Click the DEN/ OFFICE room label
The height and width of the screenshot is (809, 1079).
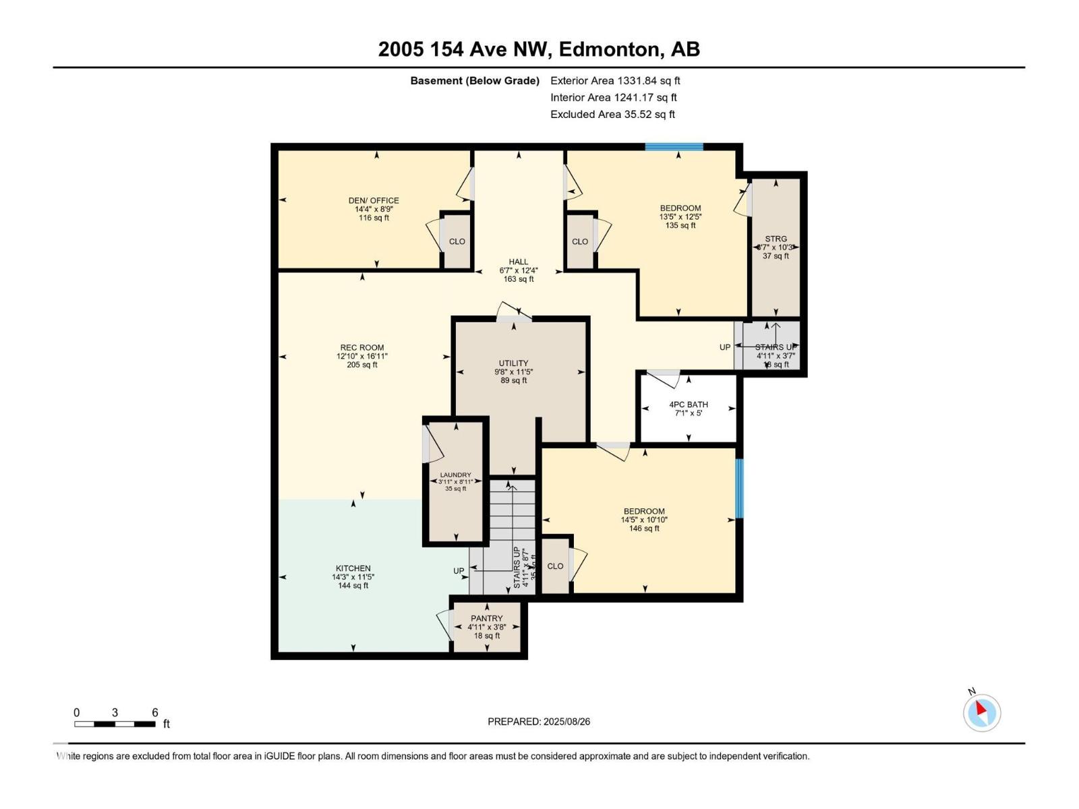point(374,200)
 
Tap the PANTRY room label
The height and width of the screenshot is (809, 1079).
point(486,618)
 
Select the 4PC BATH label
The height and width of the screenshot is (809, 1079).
point(689,404)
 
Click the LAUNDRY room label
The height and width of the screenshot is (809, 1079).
point(455,475)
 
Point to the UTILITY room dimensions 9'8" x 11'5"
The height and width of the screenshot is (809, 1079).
point(513,371)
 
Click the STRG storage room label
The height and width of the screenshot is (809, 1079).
point(776,239)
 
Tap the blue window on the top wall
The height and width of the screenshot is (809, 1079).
point(674,147)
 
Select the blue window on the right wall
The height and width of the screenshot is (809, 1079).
point(739,489)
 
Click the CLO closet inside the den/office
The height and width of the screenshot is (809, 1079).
point(457,241)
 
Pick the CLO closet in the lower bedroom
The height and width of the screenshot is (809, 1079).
point(555,566)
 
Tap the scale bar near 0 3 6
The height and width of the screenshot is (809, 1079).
point(115,724)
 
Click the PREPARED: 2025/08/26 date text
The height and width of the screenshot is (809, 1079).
point(539,721)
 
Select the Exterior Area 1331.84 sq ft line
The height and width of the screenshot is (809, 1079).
point(615,81)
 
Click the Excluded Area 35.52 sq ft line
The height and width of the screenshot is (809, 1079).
point(612,115)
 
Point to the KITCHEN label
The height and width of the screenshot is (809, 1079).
point(353,568)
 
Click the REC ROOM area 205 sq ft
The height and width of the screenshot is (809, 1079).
point(362,365)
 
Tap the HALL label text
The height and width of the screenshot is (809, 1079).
point(518,262)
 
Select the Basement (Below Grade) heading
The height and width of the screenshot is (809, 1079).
point(475,81)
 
